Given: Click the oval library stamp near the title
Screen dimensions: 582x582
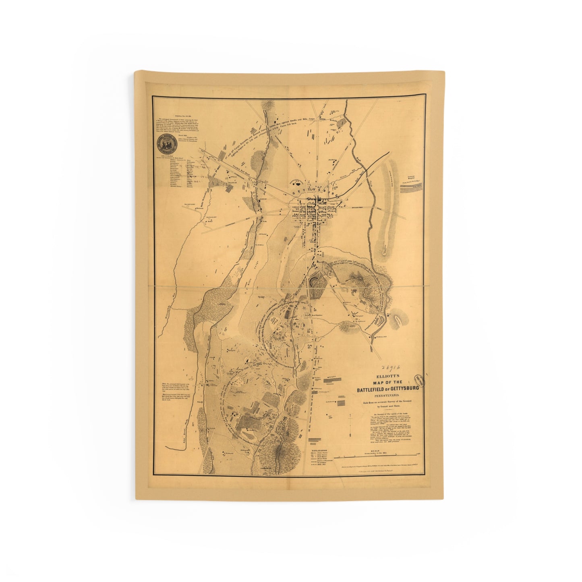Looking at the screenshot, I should coord(420,380).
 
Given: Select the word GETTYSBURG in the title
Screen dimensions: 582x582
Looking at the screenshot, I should coord(404,389).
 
